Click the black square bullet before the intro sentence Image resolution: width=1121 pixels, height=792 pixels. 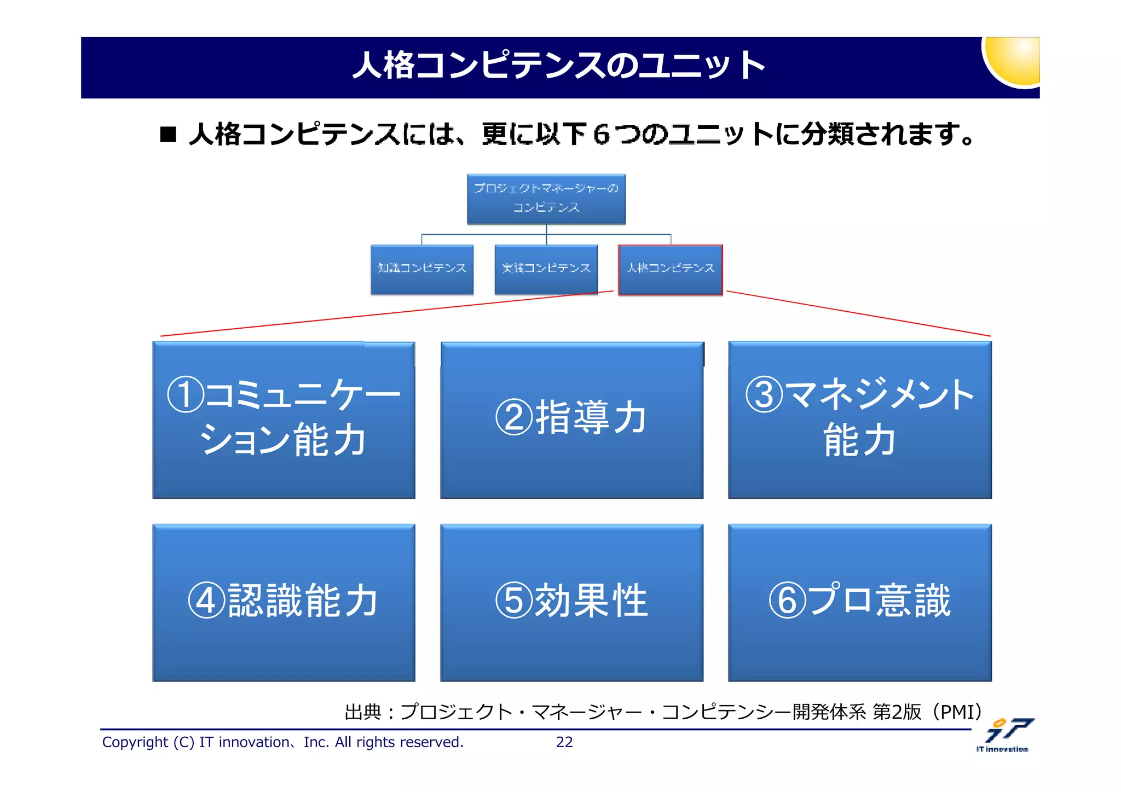pos(168,134)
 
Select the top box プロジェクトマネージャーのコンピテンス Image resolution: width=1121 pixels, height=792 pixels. pos(546,199)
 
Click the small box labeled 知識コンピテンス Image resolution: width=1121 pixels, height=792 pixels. pos(422,269)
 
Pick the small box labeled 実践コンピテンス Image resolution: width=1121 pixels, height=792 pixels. pos(546,269)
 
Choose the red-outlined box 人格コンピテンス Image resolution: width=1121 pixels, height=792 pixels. pos(670,269)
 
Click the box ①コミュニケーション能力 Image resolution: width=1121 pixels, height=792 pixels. pos(284,420)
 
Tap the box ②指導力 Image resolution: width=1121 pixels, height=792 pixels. pos(571,420)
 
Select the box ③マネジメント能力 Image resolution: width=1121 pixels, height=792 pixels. pos(859,420)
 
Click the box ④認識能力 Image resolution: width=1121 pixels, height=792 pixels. pos(284,603)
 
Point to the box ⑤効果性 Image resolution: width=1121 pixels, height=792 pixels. pos(571,603)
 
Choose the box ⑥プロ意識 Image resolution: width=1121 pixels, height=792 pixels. pos(859,603)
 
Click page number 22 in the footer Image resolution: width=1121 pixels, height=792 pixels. pos(564,742)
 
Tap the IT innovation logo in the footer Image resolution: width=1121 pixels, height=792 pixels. pos(1006,735)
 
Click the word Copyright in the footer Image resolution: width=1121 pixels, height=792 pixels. pos(135,742)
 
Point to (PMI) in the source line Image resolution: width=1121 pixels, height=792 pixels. pos(957,712)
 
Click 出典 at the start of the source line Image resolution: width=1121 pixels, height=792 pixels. pos(362,712)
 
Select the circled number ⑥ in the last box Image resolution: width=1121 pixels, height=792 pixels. pos(787,601)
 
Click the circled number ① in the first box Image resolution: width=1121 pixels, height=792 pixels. pos(186,394)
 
